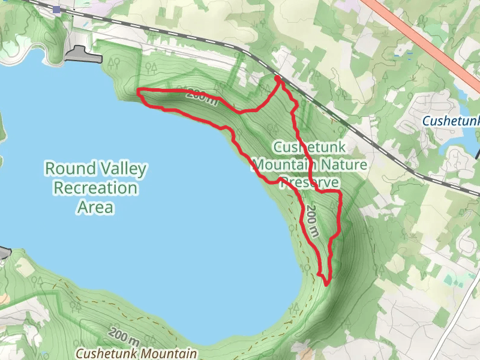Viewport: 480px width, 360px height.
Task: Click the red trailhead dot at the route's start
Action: [x=277, y=79]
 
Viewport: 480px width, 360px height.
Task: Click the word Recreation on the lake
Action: [x=95, y=188]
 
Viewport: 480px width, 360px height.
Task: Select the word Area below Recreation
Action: [x=95, y=208]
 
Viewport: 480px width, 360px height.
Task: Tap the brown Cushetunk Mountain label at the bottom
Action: [x=136, y=354]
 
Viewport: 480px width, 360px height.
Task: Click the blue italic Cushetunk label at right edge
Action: [x=451, y=121]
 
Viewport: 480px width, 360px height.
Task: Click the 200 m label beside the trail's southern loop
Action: [x=313, y=221]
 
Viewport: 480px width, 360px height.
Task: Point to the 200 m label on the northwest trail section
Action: [x=202, y=96]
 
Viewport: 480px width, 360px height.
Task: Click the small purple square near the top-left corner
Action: [x=56, y=10]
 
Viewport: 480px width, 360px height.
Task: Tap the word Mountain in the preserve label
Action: [x=283, y=164]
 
